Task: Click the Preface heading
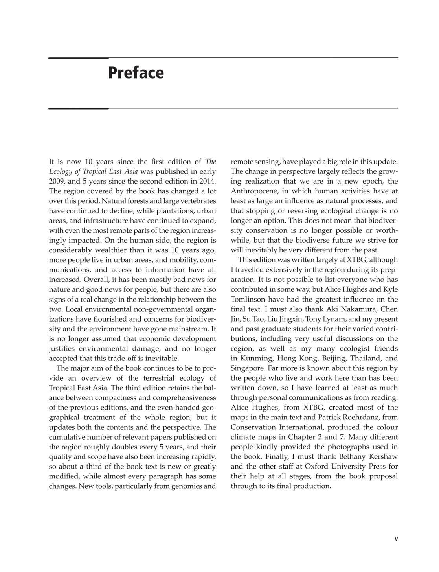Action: coord(136,73)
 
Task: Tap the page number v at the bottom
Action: coord(396,539)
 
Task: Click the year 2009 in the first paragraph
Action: coord(57,181)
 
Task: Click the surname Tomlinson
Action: coord(249,299)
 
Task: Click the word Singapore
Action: coord(248,368)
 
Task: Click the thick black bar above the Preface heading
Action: coord(78,58)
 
